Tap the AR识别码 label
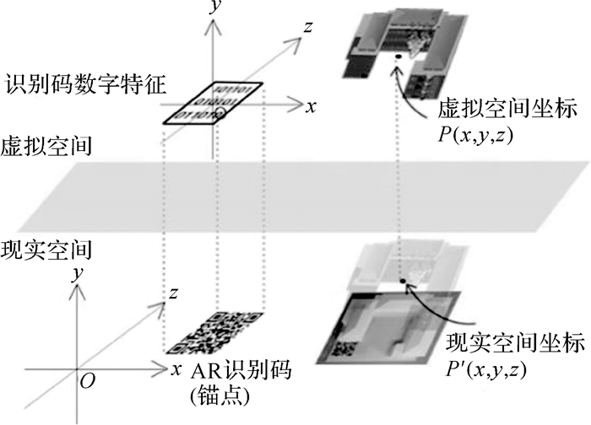pos(230,370)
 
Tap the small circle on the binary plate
pos(220,112)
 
